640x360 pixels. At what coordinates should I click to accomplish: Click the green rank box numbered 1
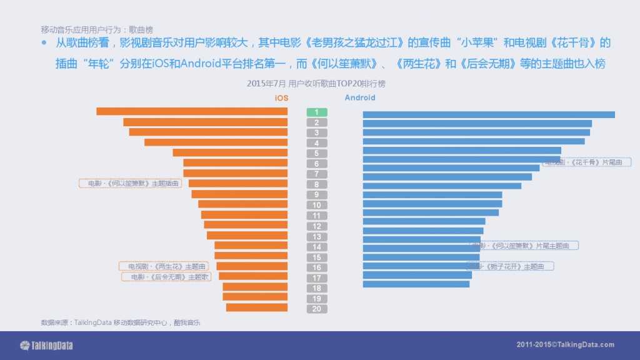(x=317, y=112)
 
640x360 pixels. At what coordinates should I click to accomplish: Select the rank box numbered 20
(x=317, y=309)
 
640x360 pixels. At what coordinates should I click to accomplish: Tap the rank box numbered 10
(x=317, y=205)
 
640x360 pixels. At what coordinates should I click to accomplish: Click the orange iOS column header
(x=282, y=98)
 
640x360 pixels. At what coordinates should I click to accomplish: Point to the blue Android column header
(x=360, y=98)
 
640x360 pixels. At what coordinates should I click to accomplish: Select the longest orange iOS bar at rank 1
(x=192, y=111)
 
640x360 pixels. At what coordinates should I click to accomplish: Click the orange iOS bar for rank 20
(x=257, y=307)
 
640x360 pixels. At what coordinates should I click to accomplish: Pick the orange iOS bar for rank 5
(x=230, y=152)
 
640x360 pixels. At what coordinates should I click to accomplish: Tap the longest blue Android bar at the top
(x=488, y=114)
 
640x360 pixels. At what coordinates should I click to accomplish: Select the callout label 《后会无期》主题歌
(x=166, y=277)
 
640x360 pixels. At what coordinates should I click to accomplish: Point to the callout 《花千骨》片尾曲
(x=584, y=162)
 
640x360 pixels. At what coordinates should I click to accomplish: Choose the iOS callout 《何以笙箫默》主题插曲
(x=130, y=184)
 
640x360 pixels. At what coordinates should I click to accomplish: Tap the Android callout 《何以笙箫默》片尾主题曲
(x=524, y=246)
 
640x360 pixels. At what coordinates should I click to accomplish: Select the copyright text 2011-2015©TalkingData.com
(x=565, y=345)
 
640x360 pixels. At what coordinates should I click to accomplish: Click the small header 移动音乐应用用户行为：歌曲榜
(x=97, y=29)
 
